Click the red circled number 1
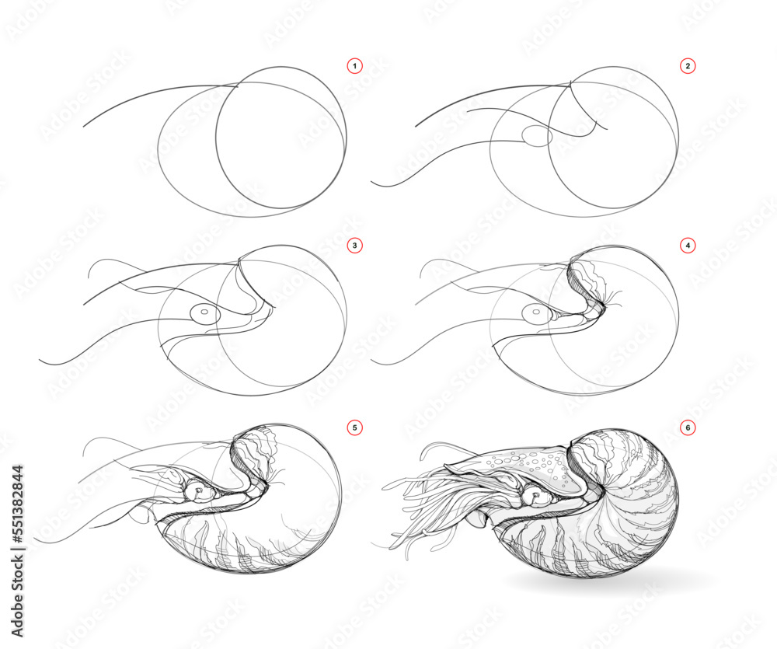coord(355,67)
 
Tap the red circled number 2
coord(687,67)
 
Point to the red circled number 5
coord(355,427)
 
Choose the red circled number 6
coord(687,427)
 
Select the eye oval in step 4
coord(535,315)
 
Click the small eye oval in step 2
coord(535,137)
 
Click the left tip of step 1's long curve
coord(84,125)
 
